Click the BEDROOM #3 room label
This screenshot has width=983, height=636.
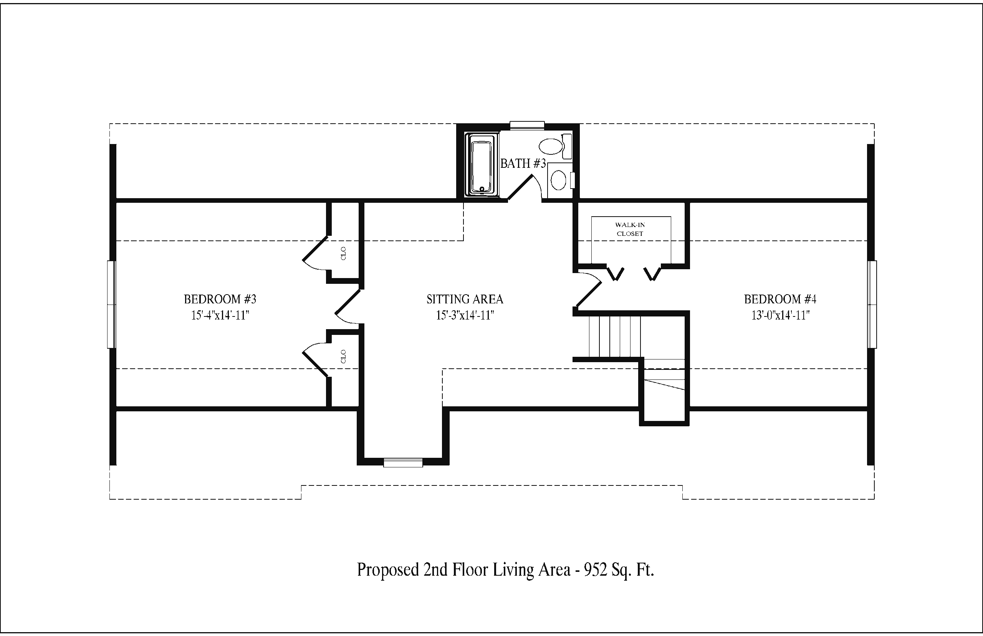point(220,299)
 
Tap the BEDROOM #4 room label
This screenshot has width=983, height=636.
point(780,299)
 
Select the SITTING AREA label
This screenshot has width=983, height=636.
point(465,299)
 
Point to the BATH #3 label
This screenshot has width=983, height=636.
point(523,164)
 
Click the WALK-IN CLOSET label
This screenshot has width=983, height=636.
point(630,229)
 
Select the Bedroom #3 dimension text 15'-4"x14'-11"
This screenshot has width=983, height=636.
point(220,316)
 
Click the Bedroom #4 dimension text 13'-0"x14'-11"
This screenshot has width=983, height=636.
point(780,316)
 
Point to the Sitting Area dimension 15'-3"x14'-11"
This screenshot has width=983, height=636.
point(465,316)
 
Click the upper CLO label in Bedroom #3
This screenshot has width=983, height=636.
point(344,253)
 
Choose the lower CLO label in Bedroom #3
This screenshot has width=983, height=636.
point(344,356)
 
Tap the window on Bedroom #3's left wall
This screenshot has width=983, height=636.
point(111,305)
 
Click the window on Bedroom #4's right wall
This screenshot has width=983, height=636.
point(872,305)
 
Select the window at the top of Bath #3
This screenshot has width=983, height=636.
point(527,126)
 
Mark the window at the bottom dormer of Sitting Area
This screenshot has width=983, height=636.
point(403,462)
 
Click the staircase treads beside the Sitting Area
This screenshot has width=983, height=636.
point(615,336)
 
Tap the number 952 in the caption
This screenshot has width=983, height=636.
point(595,570)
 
